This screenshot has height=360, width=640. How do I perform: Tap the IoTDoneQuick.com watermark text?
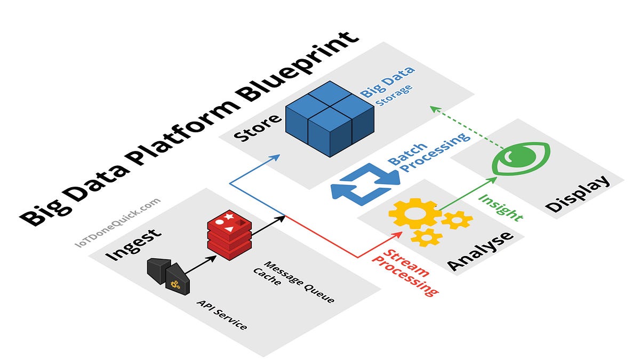pos(118,223)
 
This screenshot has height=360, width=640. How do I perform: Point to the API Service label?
pos(222,315)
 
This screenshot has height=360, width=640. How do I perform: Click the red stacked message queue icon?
pos(229,235)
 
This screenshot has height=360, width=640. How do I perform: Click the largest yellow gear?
pos(415,213)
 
